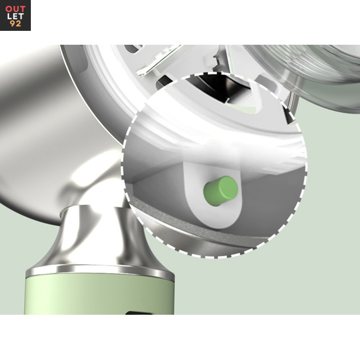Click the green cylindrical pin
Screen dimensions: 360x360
(221, 191)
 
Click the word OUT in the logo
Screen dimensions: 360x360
(15, 9)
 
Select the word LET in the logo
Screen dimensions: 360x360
(15, 16)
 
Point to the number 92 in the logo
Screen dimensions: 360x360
(15, 24)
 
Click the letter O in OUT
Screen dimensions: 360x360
(9, 9)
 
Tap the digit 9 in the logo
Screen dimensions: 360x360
(12, 24)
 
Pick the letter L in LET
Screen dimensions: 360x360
(9, 16)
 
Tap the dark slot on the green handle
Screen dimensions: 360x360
(139, 313)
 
